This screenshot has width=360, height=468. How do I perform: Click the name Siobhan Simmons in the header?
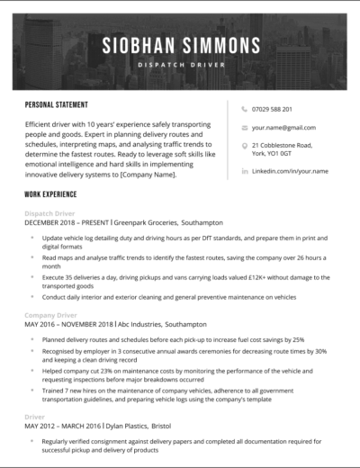click(x=181, y=44)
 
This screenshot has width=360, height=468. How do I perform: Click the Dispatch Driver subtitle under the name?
click(x=181, y=65)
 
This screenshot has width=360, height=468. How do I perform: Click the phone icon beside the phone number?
click(x=244, y=110)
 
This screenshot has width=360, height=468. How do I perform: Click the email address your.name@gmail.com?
click(x=283, y=128)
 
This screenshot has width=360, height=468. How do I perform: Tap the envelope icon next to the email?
click(x=244, y=128)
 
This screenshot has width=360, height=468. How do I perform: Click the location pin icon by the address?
click(x=244, y=145)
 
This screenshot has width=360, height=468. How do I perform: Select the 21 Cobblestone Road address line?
click(x=282, y=145)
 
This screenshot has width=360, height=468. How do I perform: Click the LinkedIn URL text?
click(x=290, y=170)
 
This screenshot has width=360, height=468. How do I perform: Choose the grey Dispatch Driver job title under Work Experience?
click(x=50, y=212)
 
